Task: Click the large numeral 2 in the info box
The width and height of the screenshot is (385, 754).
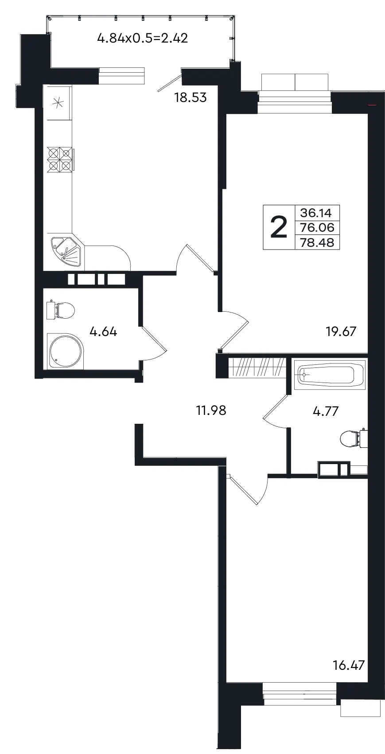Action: coord(278,226)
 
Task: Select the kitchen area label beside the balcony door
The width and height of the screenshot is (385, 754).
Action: coord(191,98)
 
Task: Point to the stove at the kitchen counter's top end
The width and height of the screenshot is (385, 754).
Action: coord(57,105)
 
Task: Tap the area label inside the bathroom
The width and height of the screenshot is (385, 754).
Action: coord(103,332)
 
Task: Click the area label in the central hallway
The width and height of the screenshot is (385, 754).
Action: coord(212,411)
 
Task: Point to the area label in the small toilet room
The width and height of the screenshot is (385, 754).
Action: coord(326,412)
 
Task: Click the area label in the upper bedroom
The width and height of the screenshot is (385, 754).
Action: coord(342,332)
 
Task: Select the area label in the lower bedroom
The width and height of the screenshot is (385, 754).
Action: coord(349,665)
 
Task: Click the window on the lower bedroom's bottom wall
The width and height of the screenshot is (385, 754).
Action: coord(299,691)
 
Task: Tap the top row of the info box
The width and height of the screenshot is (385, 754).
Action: coord(317,212)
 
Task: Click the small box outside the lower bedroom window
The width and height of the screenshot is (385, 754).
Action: coord(361,711)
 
